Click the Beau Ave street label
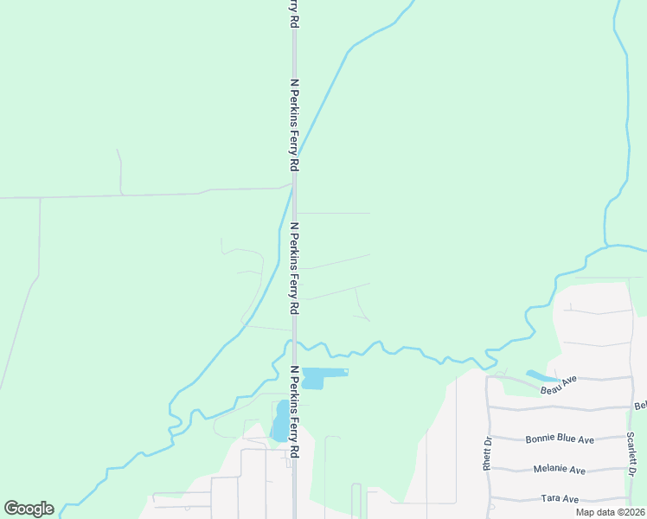[x=559, y=385]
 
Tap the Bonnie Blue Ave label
[x=560, y=439]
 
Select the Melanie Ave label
[x=560, y=470]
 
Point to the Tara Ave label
[x=559, y=499]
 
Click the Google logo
[x=29, y=509]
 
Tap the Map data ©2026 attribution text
[x=610, y=512]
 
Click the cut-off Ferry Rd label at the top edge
[x=294, y=14]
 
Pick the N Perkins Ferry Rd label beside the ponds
[x=294, y=412]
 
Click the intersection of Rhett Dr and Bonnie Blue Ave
[x=489, y=438]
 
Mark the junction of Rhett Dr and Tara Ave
[x=490, y=499]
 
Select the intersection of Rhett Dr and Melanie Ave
[x=489, y=470]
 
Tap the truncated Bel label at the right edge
[x=640, y=405]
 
